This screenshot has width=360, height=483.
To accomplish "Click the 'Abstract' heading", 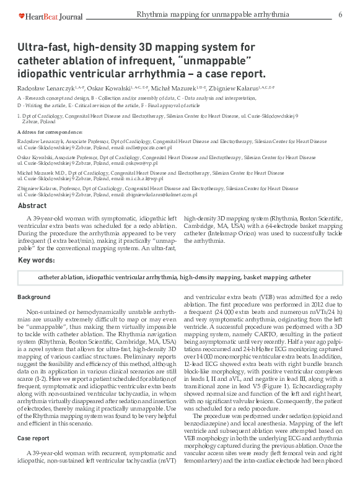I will [32, 206].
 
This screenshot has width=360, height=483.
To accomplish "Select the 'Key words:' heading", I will [36, 260].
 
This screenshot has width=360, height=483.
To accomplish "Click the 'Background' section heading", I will [34, 298].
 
